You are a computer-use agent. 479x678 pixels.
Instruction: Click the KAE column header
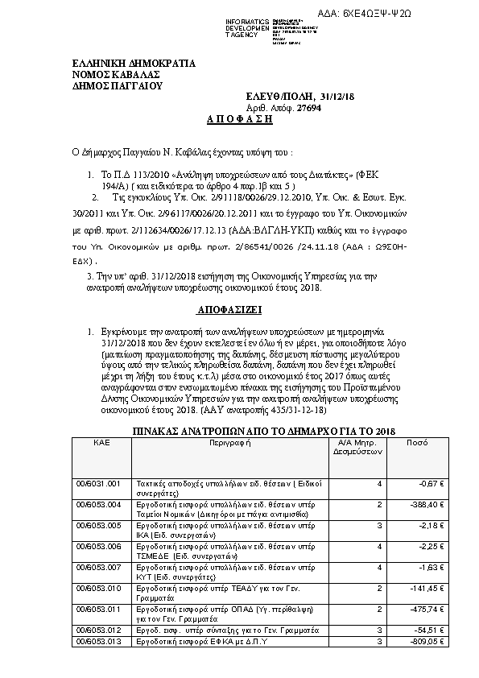click(101, 443)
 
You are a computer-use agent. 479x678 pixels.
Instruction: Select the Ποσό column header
click(416, 443)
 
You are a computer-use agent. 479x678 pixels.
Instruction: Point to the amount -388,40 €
click(431, 504)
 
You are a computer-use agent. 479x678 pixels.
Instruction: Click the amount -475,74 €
click(431, 609)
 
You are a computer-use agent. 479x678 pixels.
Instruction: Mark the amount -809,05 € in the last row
click(431, 641)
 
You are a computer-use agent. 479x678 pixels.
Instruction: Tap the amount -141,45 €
click(431, 588)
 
